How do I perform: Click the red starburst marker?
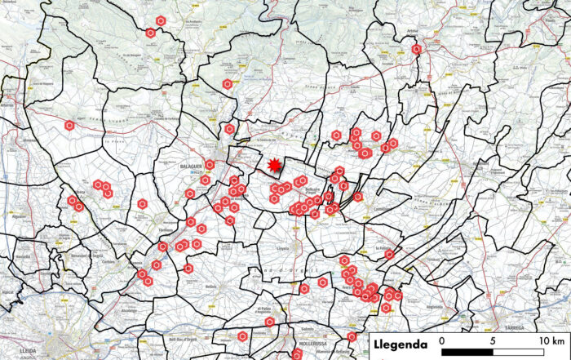click(275, 166)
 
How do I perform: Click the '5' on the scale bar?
click(494, 340)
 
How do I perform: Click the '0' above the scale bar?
click(441, 340)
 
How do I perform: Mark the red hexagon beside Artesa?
click(417, 50)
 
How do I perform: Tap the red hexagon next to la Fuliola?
click(389, 255)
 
